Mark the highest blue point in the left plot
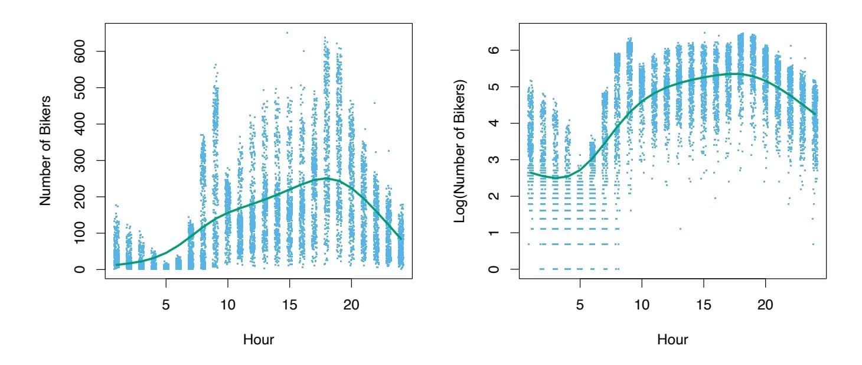point(288,32)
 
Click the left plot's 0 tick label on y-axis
point(86,269)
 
